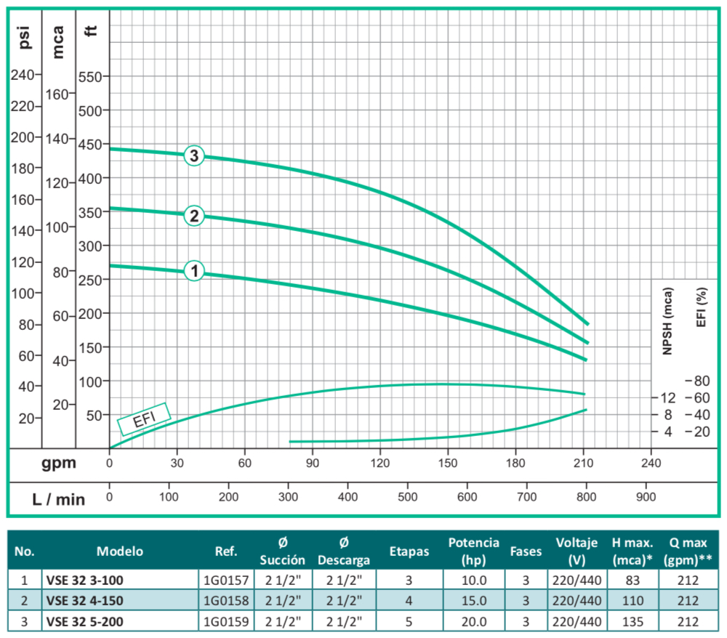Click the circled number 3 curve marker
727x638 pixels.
193,156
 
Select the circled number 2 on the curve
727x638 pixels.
193,215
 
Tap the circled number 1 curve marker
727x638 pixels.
193,271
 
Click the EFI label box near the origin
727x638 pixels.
143,419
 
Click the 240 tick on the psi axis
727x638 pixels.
25,75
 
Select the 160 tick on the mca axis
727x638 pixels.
58,94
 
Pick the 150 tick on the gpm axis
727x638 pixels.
448,463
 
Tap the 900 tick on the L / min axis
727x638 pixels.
646,496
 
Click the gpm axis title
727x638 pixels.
60,463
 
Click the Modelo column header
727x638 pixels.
120,551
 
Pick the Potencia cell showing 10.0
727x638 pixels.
473,581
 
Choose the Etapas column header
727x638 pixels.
409,551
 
